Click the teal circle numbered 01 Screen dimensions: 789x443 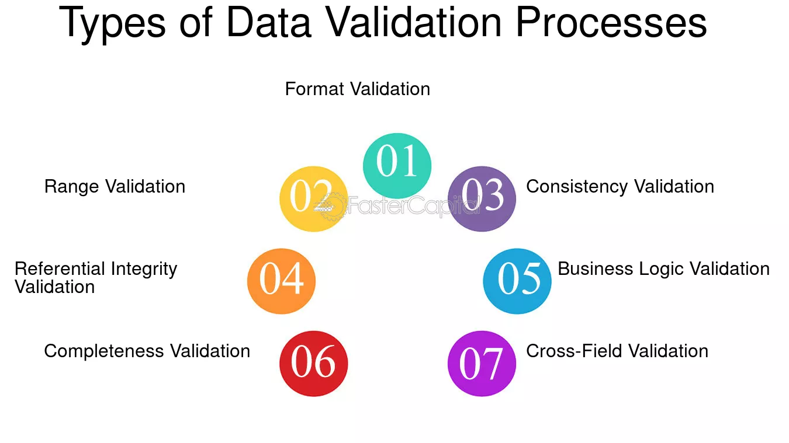(x=397, y=166)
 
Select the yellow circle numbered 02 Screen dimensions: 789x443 (x=313, y=199)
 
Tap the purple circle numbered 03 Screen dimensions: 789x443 (x=482, y=199)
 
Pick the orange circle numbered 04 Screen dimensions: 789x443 (x=281, y=281)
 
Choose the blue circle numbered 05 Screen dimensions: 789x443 (x=517, y=281)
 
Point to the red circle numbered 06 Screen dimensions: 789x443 (x=313, y=364)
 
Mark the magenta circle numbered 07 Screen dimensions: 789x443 (x=482, y=364)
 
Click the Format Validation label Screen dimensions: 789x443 (x=358, y=89)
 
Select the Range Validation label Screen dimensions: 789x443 (x=115, y=187)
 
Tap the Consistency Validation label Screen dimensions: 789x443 (x=620, y=187)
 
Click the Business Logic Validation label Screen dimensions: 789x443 (x=663, y=269)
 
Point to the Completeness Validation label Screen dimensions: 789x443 (x=147, y=351)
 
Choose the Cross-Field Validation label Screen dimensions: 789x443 (x=617, y=351)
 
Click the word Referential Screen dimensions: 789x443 (x=60, y=269)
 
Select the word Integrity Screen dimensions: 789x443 (x=144, y=270)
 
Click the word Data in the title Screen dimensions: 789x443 (x=269, y=22)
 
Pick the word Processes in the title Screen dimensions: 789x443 (x=611, y=22)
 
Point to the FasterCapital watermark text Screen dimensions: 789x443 (x=414, y=205)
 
